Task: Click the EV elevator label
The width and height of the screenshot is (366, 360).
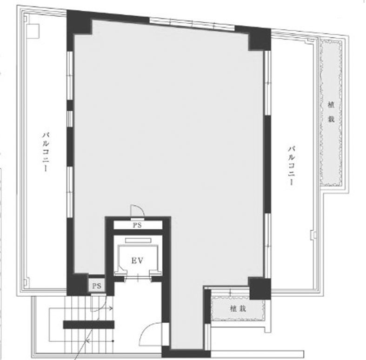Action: (x=137, y=260)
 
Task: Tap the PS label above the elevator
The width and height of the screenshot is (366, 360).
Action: (x=137, y=225)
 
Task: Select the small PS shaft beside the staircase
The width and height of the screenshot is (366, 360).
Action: (x=96, y=286)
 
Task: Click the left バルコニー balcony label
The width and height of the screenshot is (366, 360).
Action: (x=46, y=152)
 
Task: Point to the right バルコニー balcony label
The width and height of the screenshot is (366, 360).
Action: (x=291, y=166)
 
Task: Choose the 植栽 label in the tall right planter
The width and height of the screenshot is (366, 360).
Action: (x=331, y=112)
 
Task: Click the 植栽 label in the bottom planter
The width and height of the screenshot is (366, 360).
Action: (x=238, y=309)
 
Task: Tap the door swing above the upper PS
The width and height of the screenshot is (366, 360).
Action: (x=138, y=211)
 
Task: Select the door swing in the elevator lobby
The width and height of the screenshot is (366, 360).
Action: (x=151, y=334)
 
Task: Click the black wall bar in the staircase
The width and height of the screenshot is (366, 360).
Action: (x=89, y=325)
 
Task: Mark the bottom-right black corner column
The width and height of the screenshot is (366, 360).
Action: (x=260, y=289)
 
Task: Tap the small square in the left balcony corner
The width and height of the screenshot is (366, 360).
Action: (x=33, y=30)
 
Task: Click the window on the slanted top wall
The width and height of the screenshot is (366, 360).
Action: (x=192, y=24)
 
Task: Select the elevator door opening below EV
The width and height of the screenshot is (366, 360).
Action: (x=138, y=278)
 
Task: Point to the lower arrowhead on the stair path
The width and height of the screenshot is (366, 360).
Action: (x=87, y=341)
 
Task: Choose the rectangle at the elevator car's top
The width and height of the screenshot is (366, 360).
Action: (x=138, y=240)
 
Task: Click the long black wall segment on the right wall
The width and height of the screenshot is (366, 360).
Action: (x=267, y=164)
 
